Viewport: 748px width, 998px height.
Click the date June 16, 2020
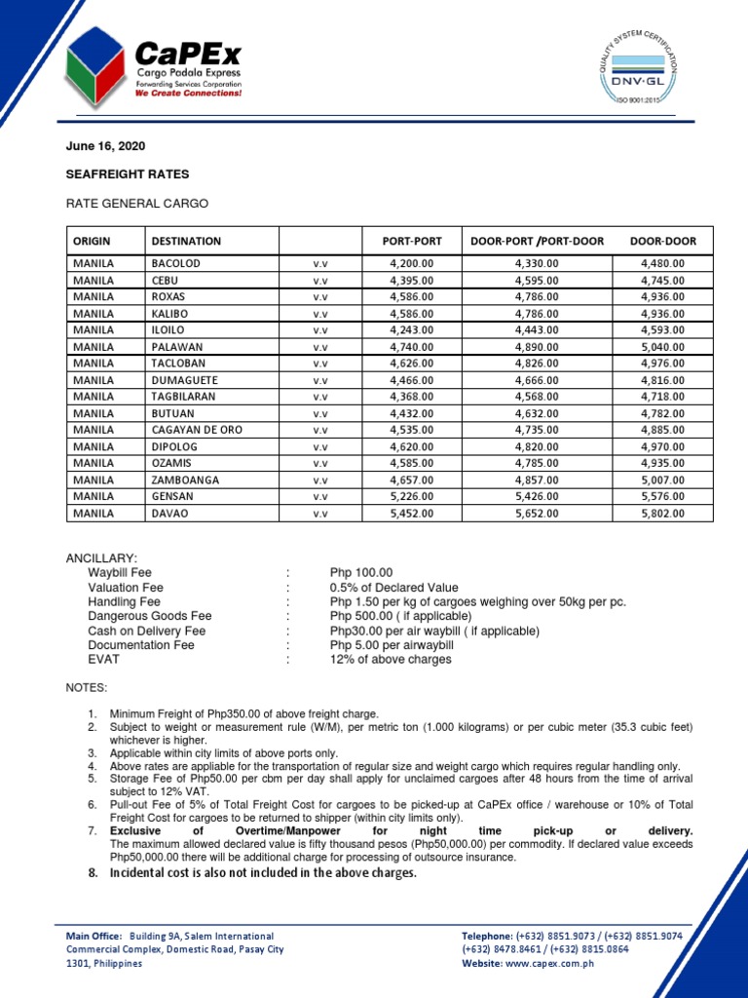105,145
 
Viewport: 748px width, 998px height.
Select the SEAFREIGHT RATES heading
128,174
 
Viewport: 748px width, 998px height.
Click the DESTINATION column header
186,241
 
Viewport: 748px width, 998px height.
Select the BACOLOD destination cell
176,264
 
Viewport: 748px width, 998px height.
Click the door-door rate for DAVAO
662,513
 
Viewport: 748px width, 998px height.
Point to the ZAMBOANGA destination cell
185,480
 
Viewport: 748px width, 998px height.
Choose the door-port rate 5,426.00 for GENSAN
537,496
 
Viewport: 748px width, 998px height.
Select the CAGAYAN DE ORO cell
197,430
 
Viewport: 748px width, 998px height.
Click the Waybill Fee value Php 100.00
361,573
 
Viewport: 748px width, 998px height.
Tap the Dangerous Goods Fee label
149,617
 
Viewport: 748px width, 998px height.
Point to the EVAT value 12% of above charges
391,660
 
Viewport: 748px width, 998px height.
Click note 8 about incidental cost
262,873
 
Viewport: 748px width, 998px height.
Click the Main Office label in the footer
93,936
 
